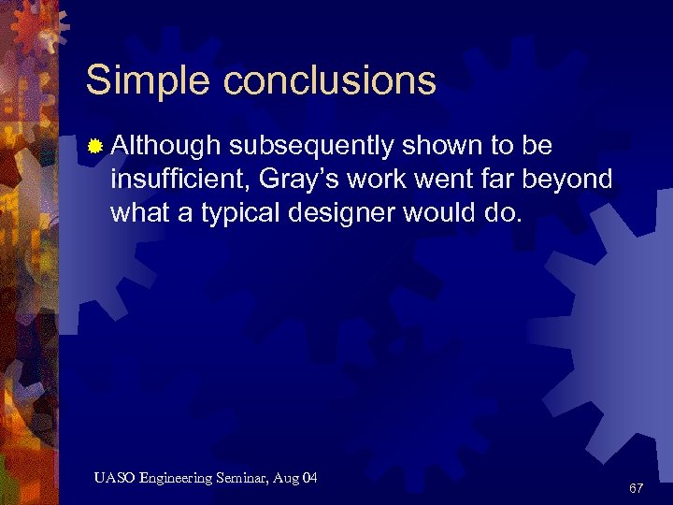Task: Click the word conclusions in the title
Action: coord(329,80)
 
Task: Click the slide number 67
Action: coord(636,488)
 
